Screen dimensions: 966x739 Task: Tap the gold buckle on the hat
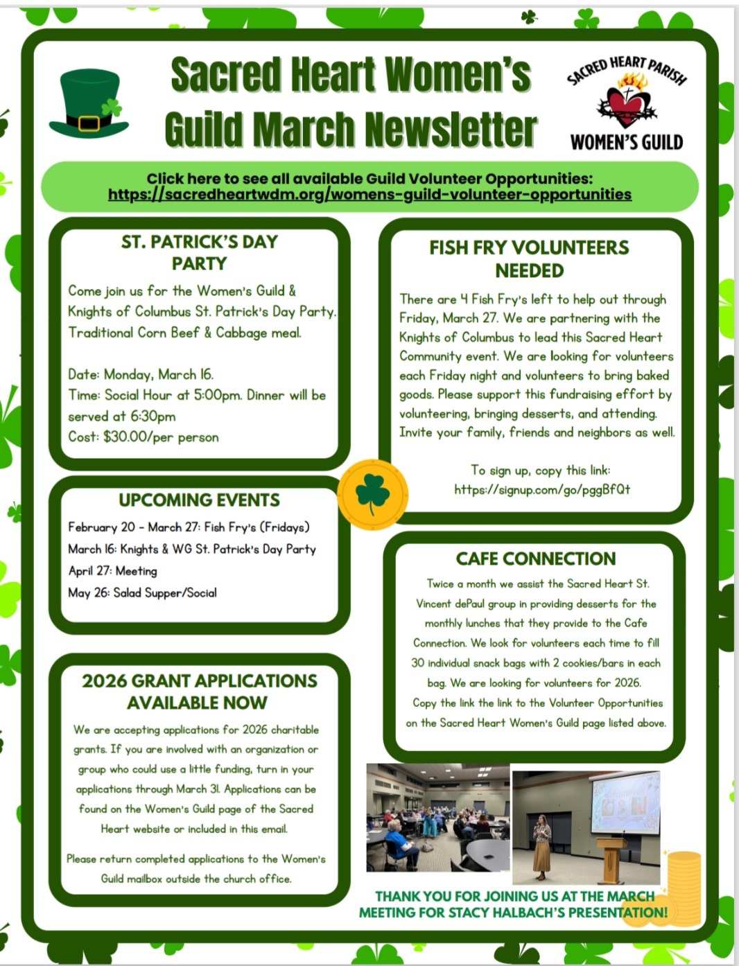pos(89,123)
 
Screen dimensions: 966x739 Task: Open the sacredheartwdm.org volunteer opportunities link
pos(369,195)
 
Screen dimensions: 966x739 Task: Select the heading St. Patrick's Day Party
pos(199,252)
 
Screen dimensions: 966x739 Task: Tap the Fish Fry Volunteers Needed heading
pos(529,258)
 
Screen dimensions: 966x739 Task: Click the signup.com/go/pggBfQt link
pos(542,489)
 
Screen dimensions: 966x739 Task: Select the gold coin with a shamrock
pos(373,493)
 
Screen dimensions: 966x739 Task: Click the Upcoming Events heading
pos(199,500)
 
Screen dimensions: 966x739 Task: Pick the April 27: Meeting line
pos(112,571)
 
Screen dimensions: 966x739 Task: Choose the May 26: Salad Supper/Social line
pos(142,592)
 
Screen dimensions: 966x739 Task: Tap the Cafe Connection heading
pos(535,559)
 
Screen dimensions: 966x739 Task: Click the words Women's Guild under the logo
pos(627,142)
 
